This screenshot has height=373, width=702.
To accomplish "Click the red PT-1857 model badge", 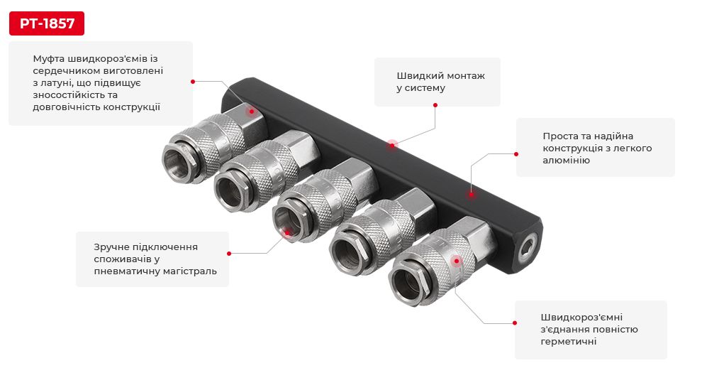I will pos(46,23).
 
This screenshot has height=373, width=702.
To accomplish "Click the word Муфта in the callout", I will pos(48,58).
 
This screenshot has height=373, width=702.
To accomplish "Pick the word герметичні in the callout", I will pos(568,342).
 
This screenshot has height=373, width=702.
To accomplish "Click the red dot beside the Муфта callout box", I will pos(193,81).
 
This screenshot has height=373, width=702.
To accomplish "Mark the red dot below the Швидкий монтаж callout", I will pos(435,105).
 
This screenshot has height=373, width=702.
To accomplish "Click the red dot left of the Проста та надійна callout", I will pos(516,153).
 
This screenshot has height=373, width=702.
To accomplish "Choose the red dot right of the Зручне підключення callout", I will pos(228,253).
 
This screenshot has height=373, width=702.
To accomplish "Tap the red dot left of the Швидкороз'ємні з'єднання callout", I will pos(516,323).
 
